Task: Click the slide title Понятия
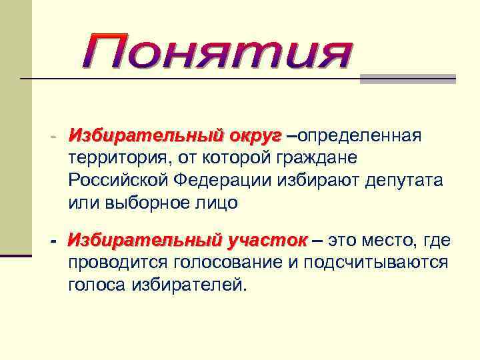(217, 54)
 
